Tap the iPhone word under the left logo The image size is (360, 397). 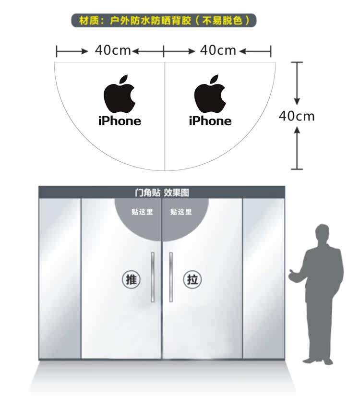(120, 121)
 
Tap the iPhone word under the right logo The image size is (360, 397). (210, 121)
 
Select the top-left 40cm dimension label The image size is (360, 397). (113, 50)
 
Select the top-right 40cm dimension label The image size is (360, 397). (218, 50)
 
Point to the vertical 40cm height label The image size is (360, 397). (297, 116)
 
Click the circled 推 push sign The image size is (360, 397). (131, 280)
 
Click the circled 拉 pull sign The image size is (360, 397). (192, 280)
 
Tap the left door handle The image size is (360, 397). (153, 277)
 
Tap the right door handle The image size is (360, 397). (171, 277)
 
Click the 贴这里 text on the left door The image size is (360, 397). (142, 212)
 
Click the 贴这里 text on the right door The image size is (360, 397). (181, 212)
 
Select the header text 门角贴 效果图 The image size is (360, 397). (162, 192)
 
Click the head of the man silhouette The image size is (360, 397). (322, 233)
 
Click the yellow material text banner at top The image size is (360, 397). (164, 20)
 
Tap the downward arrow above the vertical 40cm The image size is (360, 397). (297, 84)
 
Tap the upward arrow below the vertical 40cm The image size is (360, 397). (297, 148)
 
